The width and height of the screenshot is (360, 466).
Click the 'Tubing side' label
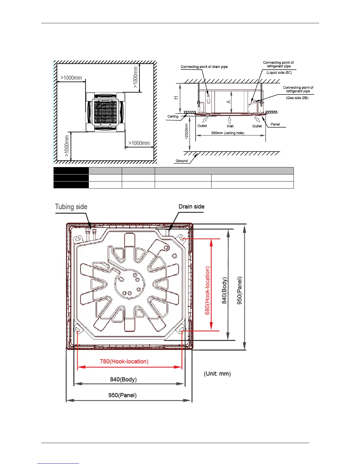pyautogui.click(x=71, y=207)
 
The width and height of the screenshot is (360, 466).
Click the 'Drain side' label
pyautogui.click(x=191, y=207)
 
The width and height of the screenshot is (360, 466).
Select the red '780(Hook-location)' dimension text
pyautogui.click(x=124, y=361)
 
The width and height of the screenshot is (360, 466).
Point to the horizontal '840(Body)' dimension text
pyautogui.click(x=123, y=380)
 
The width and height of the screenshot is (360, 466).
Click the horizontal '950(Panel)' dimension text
pyautogui.click(x=122, y=395)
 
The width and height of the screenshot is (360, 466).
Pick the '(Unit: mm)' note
pyautogui.click(x=217, y=374)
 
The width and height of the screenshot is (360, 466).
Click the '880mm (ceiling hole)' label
pyautogui.click(x=228, y=133)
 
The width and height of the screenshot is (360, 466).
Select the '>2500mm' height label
pyautogui.click(x=186, y=131)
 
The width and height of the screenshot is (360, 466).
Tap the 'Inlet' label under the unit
pyautogui.click(x=230, y=126)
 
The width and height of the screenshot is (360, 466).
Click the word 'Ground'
pyautogui.click(x=181, y=161)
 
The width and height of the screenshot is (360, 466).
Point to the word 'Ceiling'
pyautogui.click(x=173, y=116)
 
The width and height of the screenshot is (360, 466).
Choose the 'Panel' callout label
pyautogui.click(x=275, y=124)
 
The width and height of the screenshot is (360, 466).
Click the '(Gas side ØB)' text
pyautogui.click(x=297, y=98)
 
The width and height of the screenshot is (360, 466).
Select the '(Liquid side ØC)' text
pyautogui.click(x=279, y=72)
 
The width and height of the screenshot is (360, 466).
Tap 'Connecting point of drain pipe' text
pyautogui.click(x=204, y=67)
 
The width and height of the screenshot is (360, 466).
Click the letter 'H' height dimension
pyautogui.click(x=176, y=98)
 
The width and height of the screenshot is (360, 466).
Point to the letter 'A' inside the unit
pyautogui.click(x=229, y=102)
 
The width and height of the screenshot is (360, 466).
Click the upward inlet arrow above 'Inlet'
pyautogui.click(x=230, y=120)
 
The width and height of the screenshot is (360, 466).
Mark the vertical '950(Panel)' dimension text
pyautogui.click(x=239, y=290)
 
